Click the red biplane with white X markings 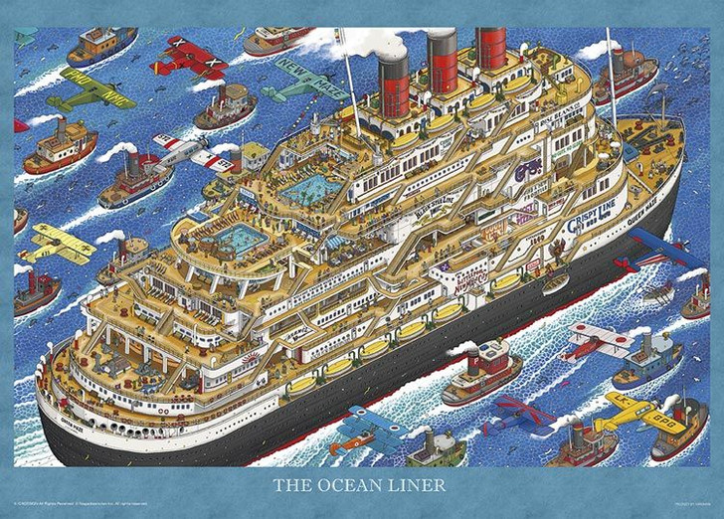pyautogui.click(x=189, y=57)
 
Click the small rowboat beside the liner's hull pyautogui.click(x=556, y=282)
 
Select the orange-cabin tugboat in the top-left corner pyautogui.click(x=101, y=44)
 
